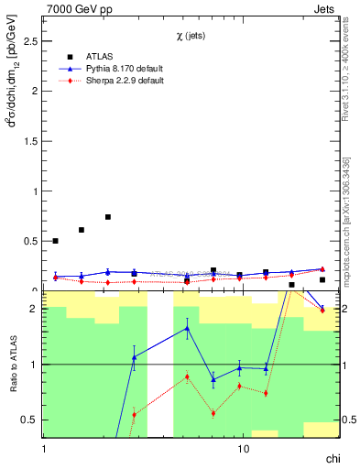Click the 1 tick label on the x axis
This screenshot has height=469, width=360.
click(44, 450)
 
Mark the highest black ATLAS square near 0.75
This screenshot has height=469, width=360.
click(108, 217)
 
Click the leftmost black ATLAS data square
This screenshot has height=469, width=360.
click(56, 241)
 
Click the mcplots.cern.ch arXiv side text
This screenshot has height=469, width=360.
click(349, 220)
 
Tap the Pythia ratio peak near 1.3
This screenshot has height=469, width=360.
click(187, 328)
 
